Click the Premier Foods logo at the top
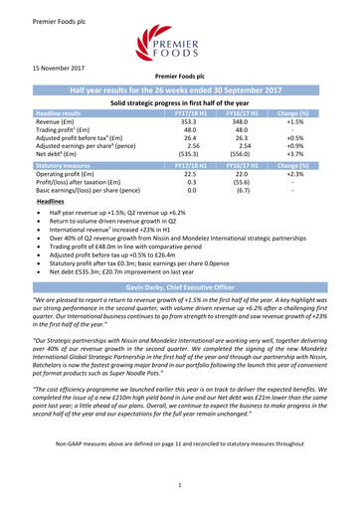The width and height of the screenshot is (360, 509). click(x=179, y=47)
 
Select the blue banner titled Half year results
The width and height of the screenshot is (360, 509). click(x=179, y=118)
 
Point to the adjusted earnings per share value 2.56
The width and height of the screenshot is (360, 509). click(x=181, y=174)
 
